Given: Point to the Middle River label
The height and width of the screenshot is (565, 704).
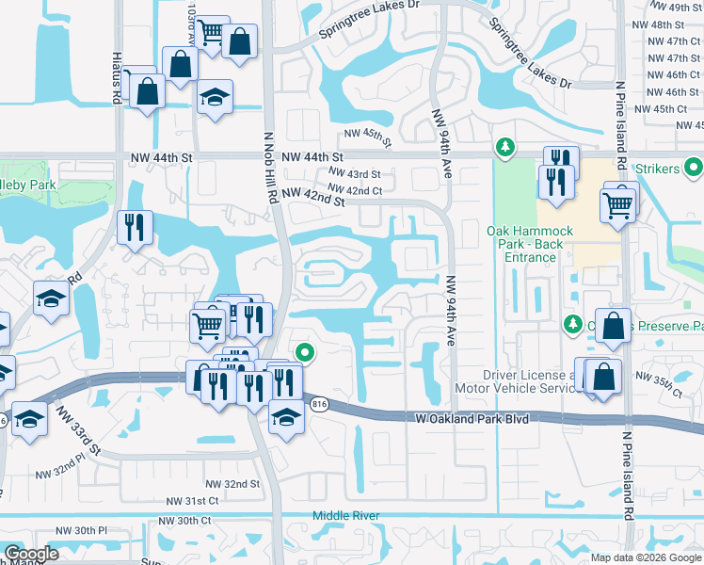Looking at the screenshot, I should point(349,516).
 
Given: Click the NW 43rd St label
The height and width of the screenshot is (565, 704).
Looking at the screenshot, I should point(355,174).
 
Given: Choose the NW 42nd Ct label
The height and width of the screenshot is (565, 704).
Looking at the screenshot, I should point(357,190).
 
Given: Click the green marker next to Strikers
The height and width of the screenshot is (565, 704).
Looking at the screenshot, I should point(695,169).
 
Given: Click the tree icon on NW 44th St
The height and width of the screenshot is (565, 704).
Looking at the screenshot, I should point(506,148).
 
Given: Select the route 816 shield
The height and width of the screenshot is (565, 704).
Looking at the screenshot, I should point(320,404).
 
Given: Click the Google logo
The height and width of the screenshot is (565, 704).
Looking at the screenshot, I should point(30,554).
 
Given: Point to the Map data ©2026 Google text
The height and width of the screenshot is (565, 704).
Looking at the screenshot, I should point(646,557).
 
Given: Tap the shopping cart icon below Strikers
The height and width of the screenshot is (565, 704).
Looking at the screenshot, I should point(618,203).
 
